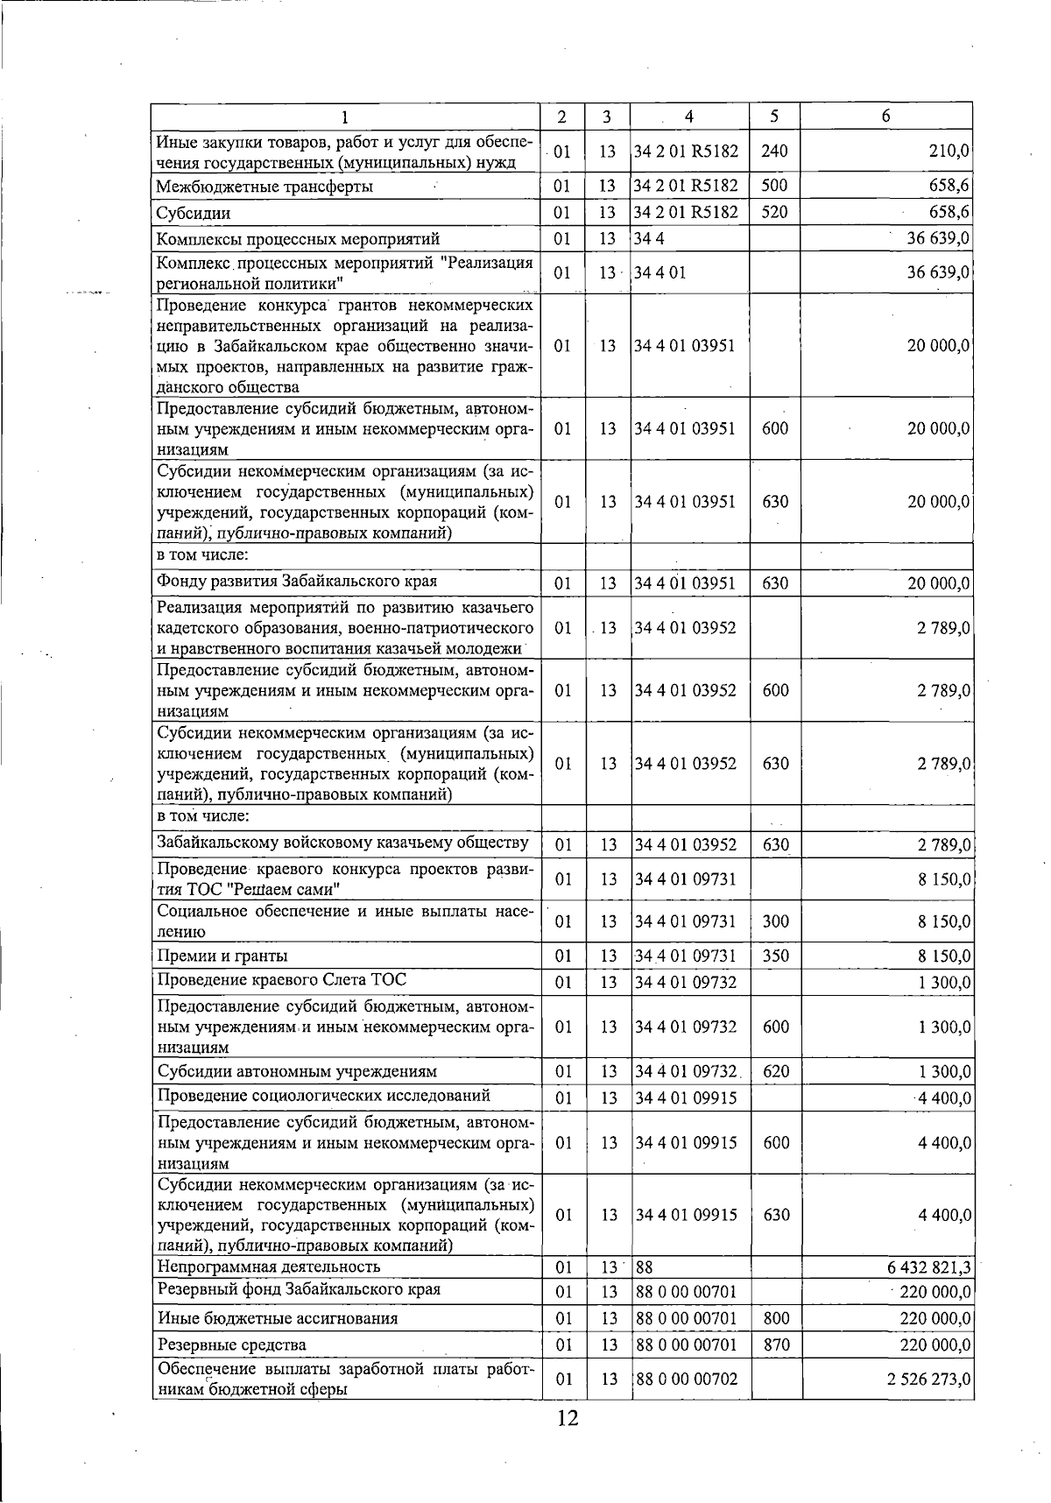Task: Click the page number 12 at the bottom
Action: click(568, 1418)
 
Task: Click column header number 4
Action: click(689, 116)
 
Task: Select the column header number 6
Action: click(886, 116)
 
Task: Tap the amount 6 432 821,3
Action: click(929, 1267)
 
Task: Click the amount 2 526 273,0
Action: click(928, 1379)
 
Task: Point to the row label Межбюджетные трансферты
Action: click(264, 187)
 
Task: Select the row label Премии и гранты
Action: click(222, 956)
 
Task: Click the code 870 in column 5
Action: click(776, 1344)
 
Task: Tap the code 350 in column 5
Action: click(776, 956)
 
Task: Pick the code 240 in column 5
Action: click(774, 152)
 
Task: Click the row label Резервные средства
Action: click(231, 1344)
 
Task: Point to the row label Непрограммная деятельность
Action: click(268, 1267)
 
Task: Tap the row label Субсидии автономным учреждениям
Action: click(297, 1071)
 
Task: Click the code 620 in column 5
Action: click(776, 1071)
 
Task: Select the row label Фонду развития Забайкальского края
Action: click(297, 582)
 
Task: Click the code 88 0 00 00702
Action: click(687, 1379)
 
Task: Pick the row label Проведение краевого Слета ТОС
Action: click(281, 980)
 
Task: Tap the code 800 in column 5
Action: click(776, 1318)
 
